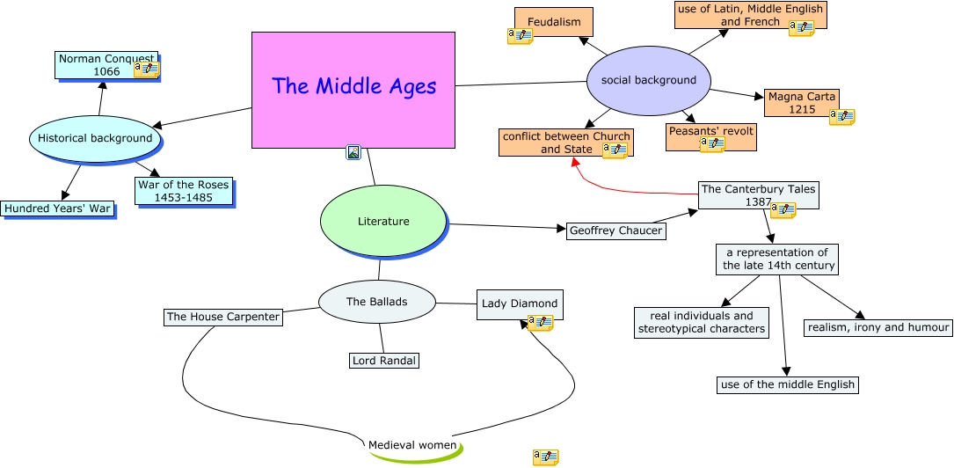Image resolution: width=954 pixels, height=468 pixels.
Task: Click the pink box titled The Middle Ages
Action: coord(353,89)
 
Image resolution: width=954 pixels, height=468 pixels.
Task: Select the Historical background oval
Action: coord(95,138)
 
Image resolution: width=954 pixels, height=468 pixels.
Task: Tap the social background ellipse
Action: coord(648,80)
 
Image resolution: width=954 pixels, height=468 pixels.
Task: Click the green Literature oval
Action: coord(383,222)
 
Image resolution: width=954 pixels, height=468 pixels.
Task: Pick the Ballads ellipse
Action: coord(376,302)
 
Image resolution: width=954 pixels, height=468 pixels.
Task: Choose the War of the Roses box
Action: coord(183,191)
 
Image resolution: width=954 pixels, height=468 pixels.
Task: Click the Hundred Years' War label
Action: coord(58,208)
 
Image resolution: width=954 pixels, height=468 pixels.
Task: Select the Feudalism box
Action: coord(554,21)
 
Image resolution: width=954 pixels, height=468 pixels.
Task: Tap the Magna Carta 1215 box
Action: coord(801,102)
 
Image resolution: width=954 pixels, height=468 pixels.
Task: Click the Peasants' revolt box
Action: coord(710,131)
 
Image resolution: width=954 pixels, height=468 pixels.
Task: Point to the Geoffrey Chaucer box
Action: coord(615,230)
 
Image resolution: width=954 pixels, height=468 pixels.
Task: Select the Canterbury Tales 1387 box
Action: coord(758,194)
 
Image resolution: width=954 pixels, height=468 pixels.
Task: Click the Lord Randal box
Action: coord(383,361)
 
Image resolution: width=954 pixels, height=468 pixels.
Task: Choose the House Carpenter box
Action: coord(223,317)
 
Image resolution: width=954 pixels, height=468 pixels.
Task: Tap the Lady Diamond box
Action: coord(519,303)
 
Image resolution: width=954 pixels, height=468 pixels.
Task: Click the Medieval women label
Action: coord(412,445)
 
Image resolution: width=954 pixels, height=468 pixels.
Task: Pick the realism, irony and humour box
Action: coord(878,327)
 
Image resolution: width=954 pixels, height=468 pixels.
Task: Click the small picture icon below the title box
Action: coord(353,152)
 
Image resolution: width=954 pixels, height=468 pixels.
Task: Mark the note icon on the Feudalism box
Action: coord(520,36)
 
